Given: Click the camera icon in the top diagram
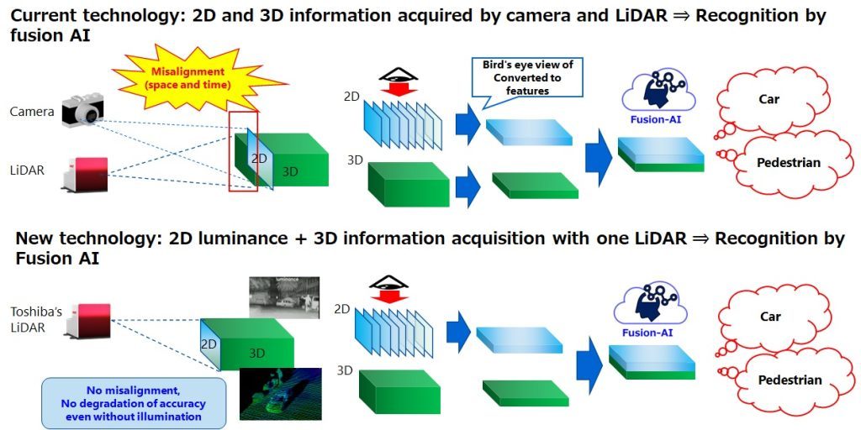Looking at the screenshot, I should [82, 112].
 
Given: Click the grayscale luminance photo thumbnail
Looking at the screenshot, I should [283, 297].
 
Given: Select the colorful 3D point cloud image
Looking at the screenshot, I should [280, 393].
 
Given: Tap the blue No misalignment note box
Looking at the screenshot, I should [135, 403].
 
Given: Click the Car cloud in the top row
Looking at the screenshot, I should [768, 100].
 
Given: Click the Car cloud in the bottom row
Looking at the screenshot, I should [769, 317].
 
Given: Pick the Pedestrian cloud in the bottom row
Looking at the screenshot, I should [789, 380].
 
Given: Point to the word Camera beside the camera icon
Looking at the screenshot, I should [33, 112].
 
